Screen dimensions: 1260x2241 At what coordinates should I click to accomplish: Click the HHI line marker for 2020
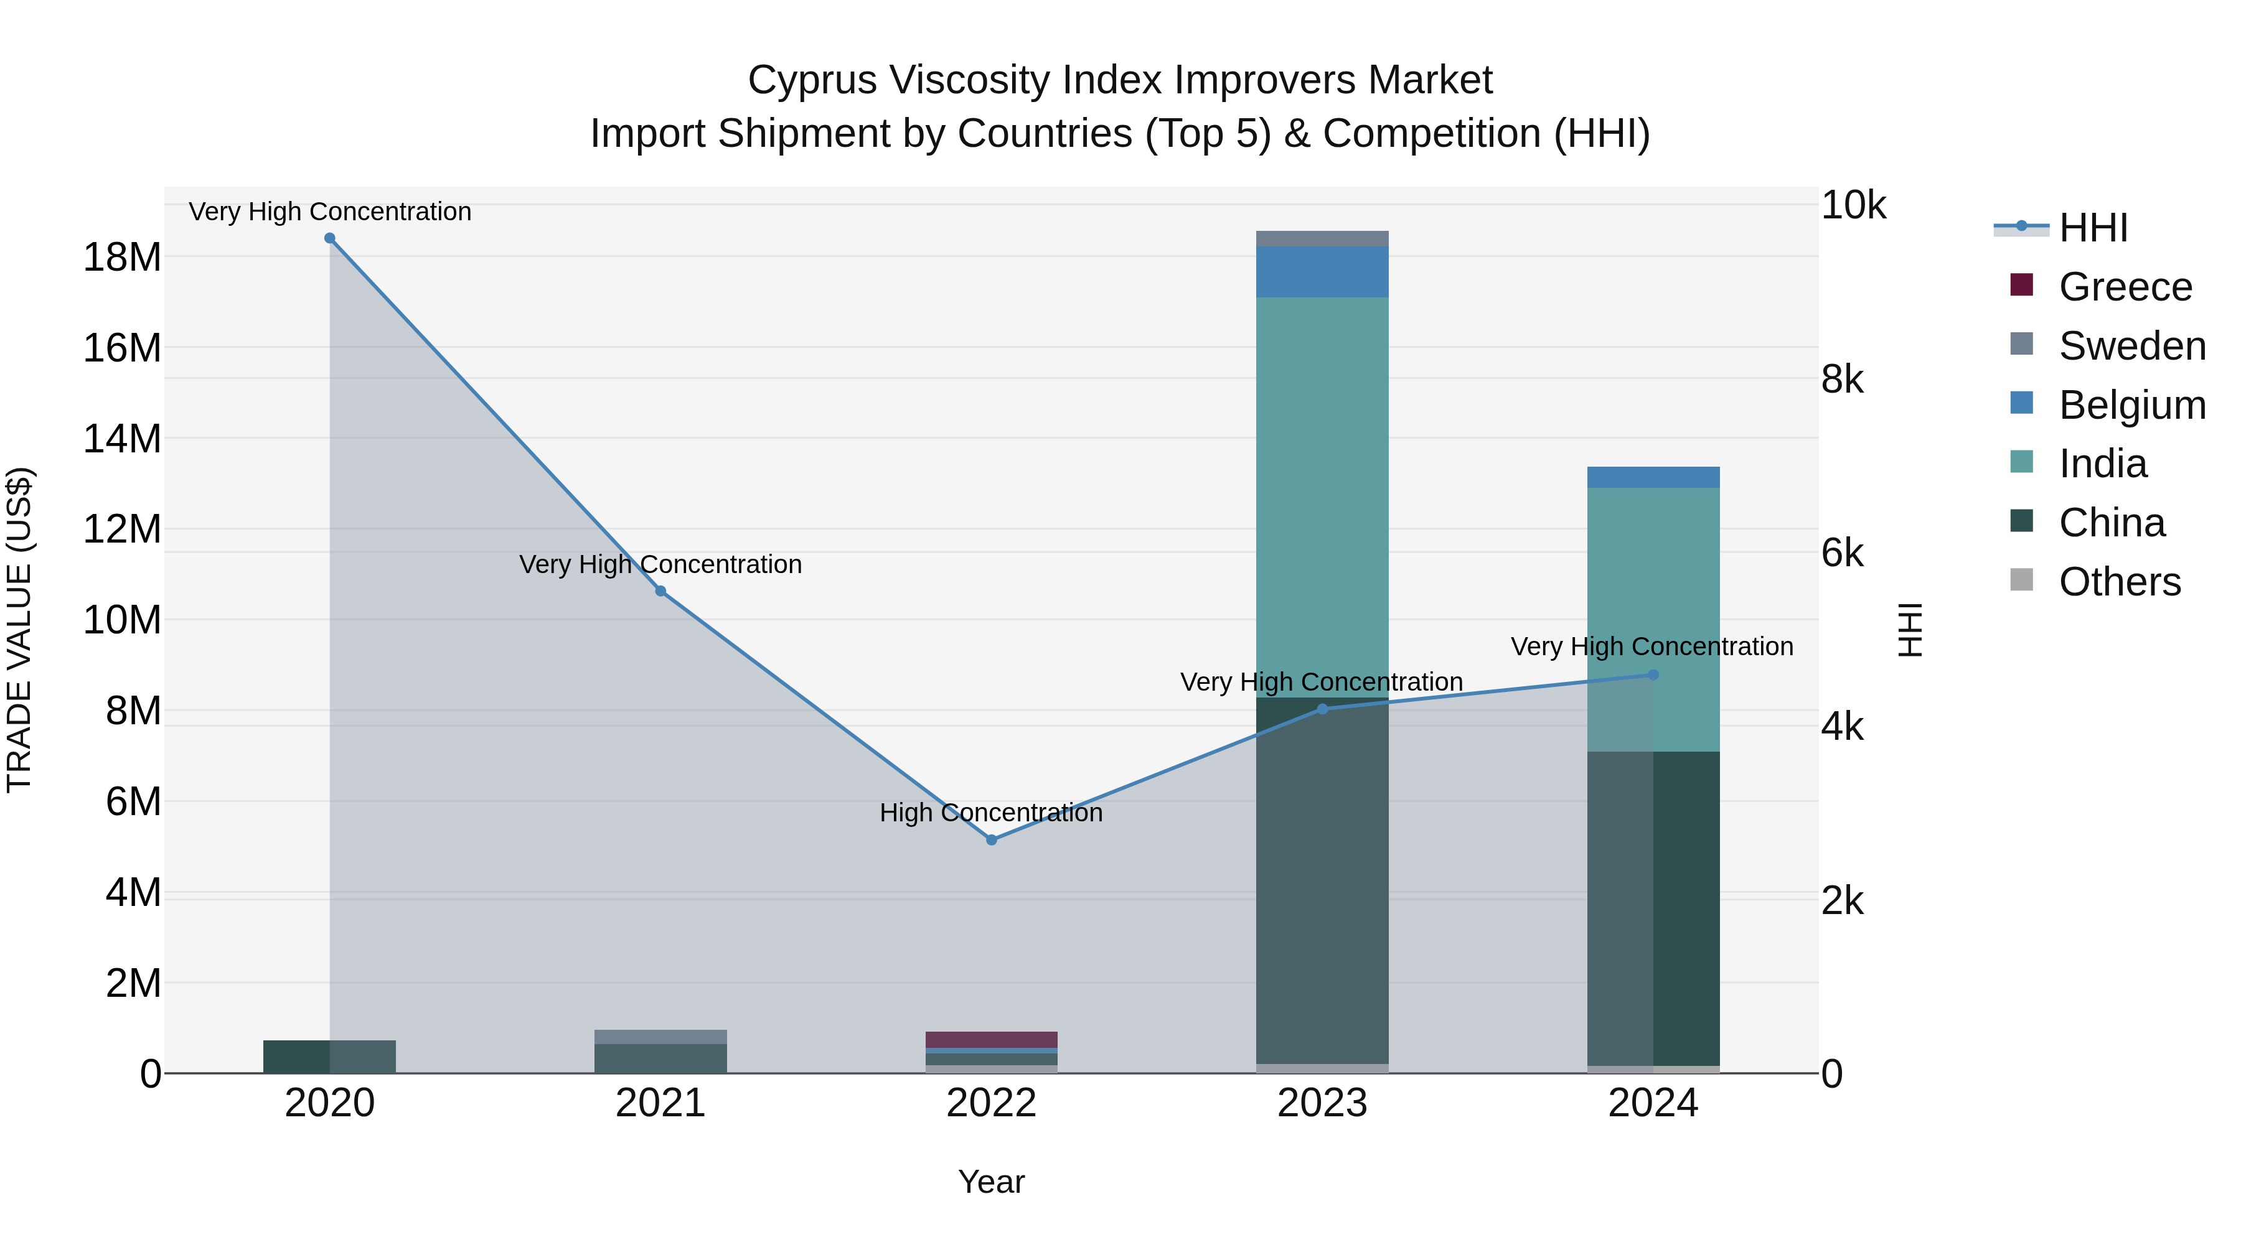[330, 238]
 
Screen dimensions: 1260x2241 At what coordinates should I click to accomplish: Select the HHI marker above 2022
[991, 840]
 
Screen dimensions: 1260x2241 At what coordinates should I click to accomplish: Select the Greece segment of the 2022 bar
[991, 1040]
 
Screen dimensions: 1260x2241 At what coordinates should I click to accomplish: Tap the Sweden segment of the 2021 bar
[660, 1037]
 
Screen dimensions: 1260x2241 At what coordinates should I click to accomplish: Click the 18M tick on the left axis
[122, 258]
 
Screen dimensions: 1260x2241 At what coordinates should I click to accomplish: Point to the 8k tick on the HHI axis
[1843, 380]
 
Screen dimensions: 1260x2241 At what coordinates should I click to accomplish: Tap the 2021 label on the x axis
[660, 1103]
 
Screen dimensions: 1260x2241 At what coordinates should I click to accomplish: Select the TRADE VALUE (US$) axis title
[19, 630]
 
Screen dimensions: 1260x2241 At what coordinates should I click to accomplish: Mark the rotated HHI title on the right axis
[1910, 630]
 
